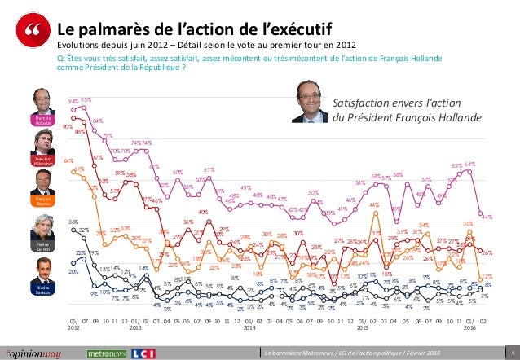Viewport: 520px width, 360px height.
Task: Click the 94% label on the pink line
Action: [x=73, y=101]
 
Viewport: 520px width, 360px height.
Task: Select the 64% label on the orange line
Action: [x=68, y=161]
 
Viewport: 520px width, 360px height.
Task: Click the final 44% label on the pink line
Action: [x=487, y=217]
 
